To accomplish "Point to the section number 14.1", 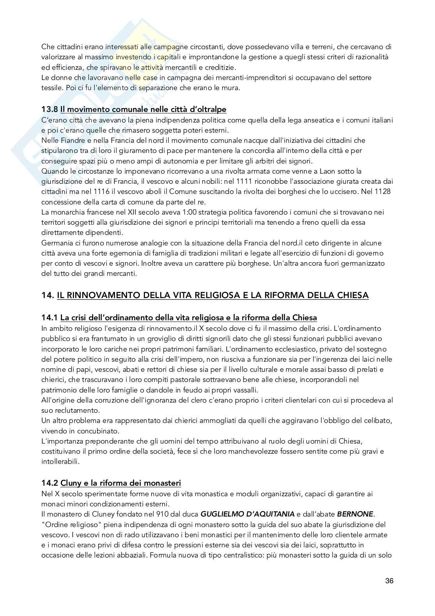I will pos(50,318).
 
